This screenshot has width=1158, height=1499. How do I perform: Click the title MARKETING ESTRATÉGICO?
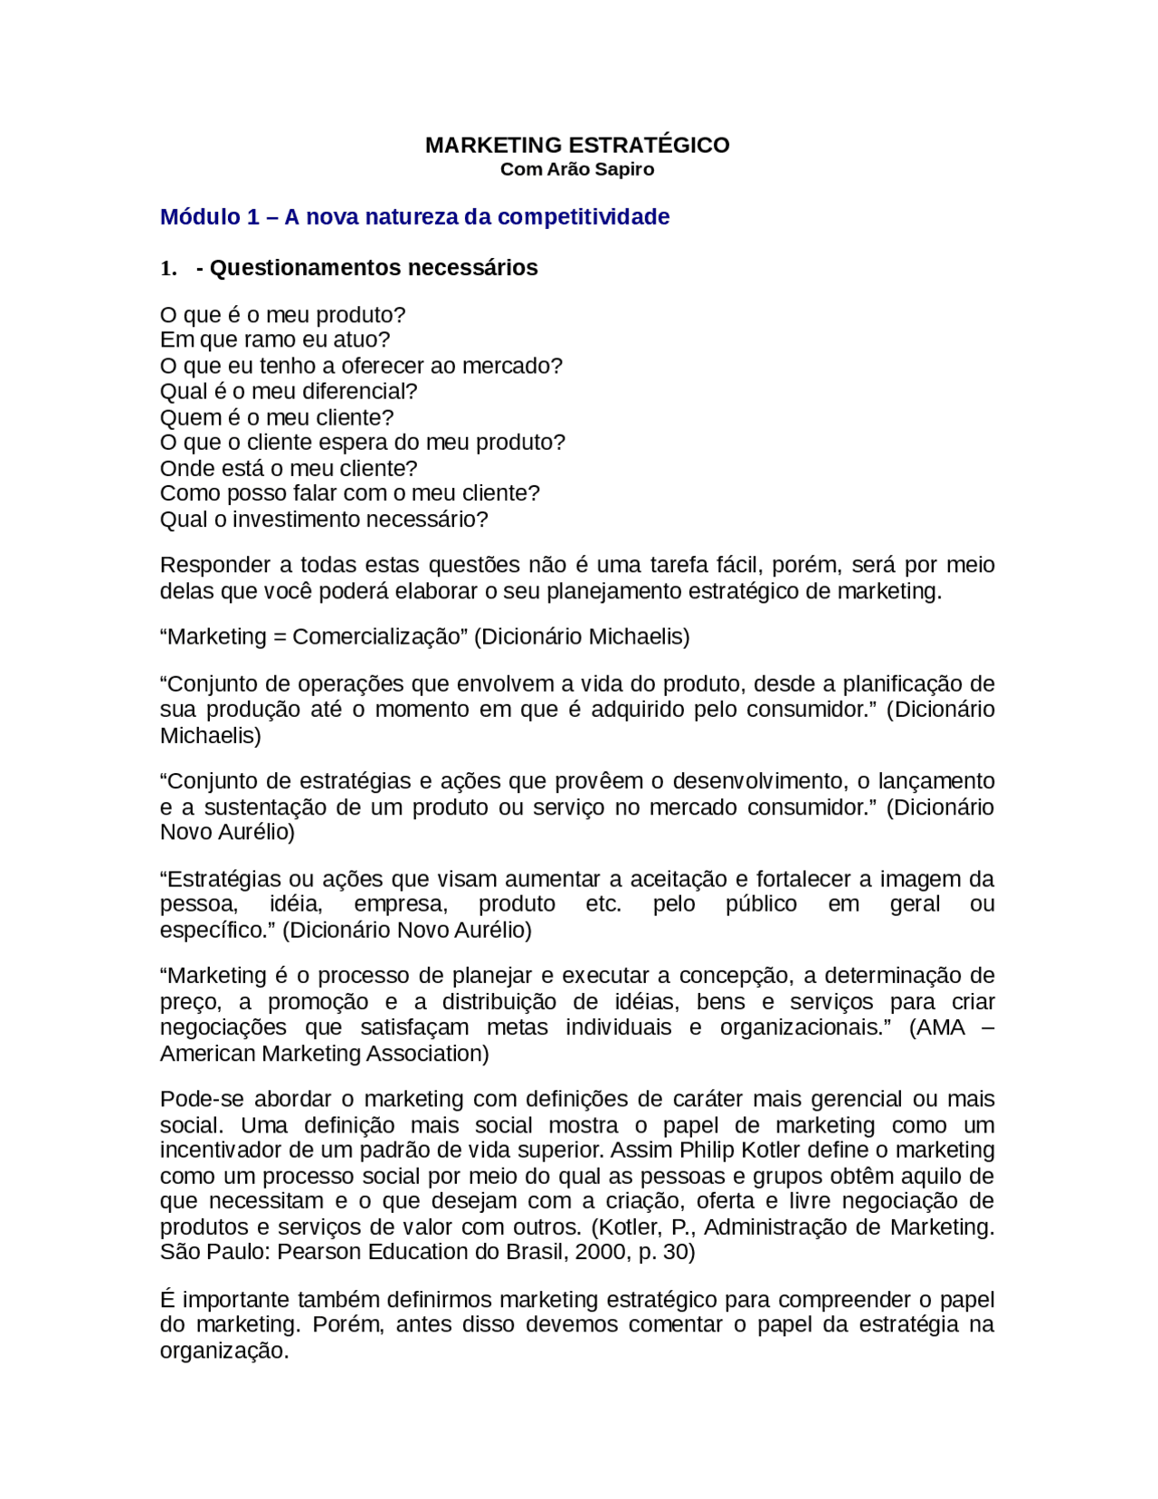[577, 145]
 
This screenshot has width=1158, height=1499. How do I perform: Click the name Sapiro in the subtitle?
[624, 169]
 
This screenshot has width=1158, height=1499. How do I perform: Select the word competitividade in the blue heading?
[584, 217]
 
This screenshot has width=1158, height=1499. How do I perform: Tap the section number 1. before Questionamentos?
[168, 268]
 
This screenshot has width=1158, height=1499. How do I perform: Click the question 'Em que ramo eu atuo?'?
[275, 339]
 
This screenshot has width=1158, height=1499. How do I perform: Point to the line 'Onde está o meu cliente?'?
[289, 468]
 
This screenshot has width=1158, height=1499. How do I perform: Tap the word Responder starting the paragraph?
[215, 565]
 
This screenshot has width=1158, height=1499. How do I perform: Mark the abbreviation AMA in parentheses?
[942, 1027]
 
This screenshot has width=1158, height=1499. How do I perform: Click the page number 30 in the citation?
[676, 1252]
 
